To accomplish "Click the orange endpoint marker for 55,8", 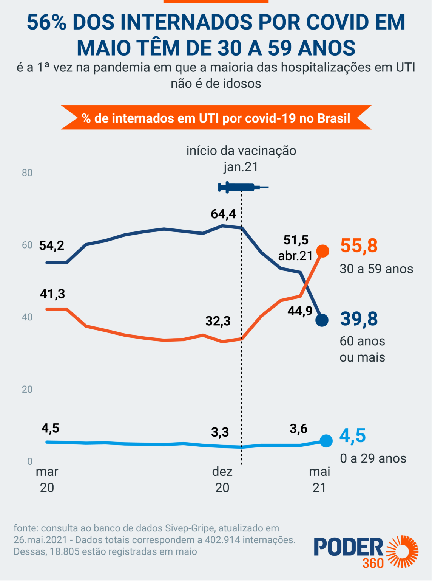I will coord(322,251).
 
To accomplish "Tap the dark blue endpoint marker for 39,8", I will coord(322,320).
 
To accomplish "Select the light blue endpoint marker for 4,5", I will coord(326,441).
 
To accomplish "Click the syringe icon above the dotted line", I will coord(242,187).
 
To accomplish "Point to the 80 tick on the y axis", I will coord(27,173).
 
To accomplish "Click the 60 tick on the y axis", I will coord(27,245).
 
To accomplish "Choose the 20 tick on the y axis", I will coord(27,389).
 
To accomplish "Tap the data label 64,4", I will coord(223,214).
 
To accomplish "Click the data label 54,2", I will coord(52,245).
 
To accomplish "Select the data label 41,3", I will coord(52,294).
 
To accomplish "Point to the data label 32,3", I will coord(218,321).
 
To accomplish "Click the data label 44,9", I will coord(300,311).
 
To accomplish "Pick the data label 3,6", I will coord(298,429).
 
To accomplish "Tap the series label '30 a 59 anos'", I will coord(376,269).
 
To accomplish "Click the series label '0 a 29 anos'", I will coord(373,458).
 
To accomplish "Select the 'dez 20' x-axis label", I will coord(222,479).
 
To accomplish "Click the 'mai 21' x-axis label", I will coord(319,479).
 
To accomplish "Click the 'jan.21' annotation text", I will coord(241,167).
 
